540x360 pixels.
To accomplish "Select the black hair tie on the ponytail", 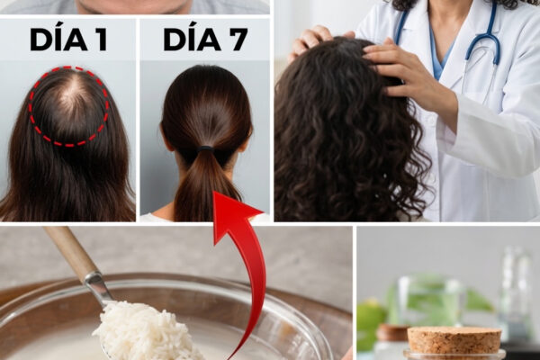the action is click(x=205, y=149).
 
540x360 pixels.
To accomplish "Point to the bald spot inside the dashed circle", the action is click(x=71, y=101).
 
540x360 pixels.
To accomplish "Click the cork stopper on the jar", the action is click(x=454, y=339).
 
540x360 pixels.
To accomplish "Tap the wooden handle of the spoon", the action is click(x=70, y=251).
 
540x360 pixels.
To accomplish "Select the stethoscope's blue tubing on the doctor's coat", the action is click(x=482, y=38).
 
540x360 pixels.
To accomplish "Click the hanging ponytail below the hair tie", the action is click(x=206, y=186).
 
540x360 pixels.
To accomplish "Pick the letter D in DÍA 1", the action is click(x=40, y=40).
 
